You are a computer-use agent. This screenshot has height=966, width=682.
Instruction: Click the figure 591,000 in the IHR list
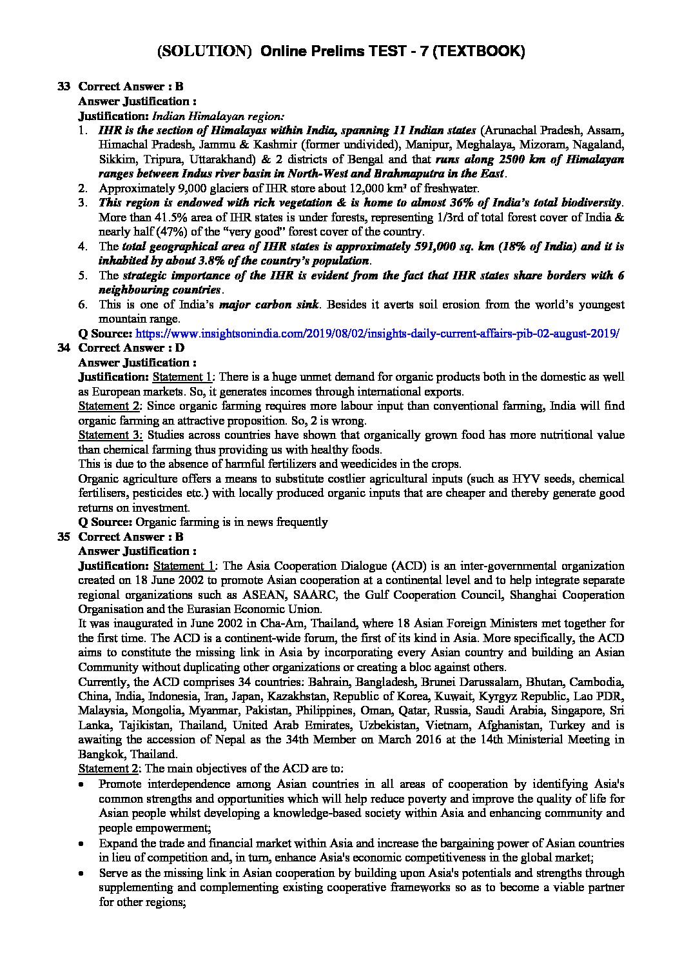point(407,247)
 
